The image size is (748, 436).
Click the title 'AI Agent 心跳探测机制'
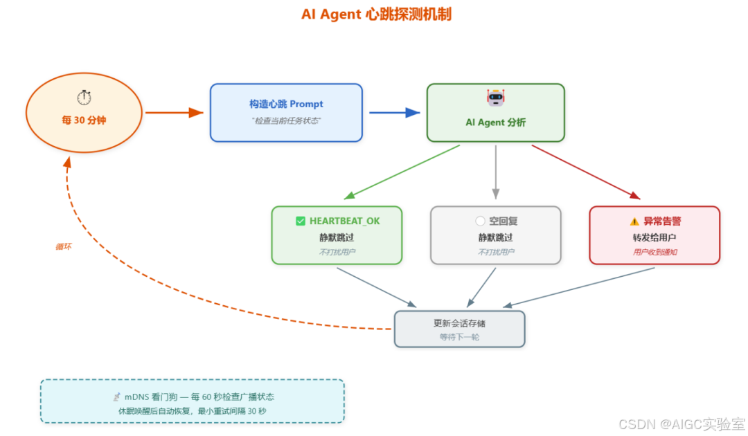click(x=376, y=14)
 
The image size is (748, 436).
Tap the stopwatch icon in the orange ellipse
click(x=84, y=98)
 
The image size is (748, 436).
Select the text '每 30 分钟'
click(x=84, y=120)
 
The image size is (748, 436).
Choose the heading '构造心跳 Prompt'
click(x=286, y=104)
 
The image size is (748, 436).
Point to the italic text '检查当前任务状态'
click(x=286, y=120)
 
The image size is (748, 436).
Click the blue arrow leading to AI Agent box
click(x=394, y=113)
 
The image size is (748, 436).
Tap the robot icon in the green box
click(x=495, y=98)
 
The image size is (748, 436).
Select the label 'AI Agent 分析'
click(x=495, y=122)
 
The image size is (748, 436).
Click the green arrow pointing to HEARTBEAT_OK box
click(x=402, y=172)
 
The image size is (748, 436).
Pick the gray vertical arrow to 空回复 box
click(x=495, y=171)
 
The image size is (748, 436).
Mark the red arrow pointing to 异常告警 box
click(x=586, y=172)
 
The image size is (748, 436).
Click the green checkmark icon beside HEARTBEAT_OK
click(x=301, y=221)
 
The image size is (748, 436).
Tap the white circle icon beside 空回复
click(x=480, y=221)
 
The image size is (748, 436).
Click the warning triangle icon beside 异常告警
click(x=634, y=221)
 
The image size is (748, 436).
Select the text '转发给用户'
click(x=654, y=237)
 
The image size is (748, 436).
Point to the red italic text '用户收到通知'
click(x=654, y=253)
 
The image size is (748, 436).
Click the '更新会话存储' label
click(x=459, y=323)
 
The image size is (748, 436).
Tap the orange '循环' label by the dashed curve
click(x=63, y=247)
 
